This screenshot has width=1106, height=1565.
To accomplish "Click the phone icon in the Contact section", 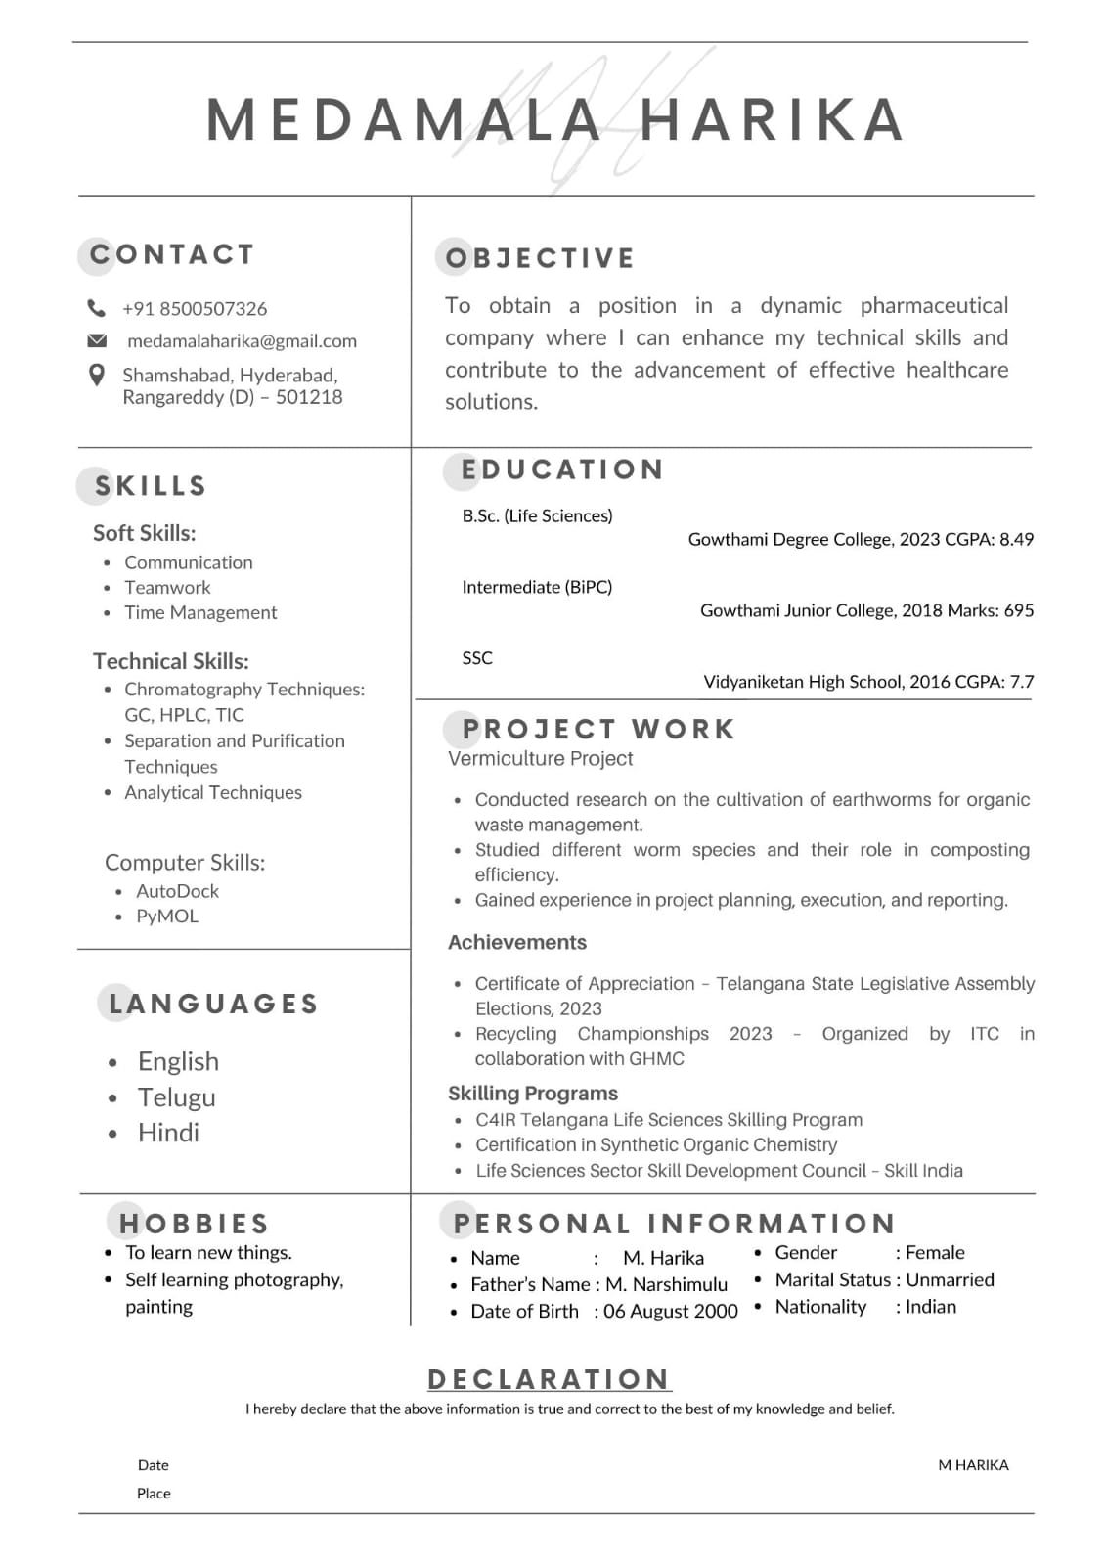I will tap(96, 308).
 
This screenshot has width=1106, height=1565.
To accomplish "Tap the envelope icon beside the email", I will tap(97, 340).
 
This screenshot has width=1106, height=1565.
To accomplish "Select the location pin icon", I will tap(96, 375).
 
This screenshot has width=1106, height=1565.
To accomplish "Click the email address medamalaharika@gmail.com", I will tap(242, 341).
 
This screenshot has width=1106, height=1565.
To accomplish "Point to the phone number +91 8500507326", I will tap(195, 309).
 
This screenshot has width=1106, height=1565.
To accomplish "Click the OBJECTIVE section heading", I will tap(540, 258).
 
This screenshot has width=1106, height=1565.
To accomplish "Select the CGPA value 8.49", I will tap(1016, 539).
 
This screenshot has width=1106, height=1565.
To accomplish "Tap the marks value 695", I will tap(1018, 610).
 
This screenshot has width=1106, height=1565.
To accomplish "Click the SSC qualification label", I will tap(477, 658).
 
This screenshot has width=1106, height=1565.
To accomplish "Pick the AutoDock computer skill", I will tap(177, 891).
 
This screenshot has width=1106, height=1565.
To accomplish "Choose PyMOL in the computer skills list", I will tap(167, 917).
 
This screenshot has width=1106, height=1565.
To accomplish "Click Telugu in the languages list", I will tap(176, 1097).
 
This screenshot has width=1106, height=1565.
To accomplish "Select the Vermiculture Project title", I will tap(540, 759).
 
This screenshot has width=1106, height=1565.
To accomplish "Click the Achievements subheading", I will tap(517, 943).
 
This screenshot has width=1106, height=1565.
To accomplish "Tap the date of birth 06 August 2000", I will tap(670, 1312).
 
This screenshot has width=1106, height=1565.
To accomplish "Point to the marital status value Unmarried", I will tap(950, 1280).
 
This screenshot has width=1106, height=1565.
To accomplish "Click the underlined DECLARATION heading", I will tap(549, 1379).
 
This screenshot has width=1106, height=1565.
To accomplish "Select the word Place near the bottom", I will tap(154, 1494).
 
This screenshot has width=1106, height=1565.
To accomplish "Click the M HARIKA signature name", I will tap(973, 1465).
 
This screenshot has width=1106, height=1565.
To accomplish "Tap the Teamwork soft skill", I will tap(167, 588).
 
